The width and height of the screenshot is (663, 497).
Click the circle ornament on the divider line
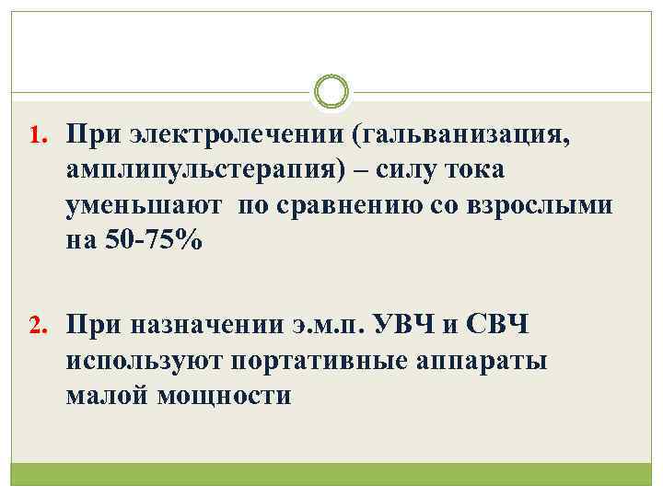click(331, 92)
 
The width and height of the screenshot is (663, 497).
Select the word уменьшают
click(144, 206)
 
